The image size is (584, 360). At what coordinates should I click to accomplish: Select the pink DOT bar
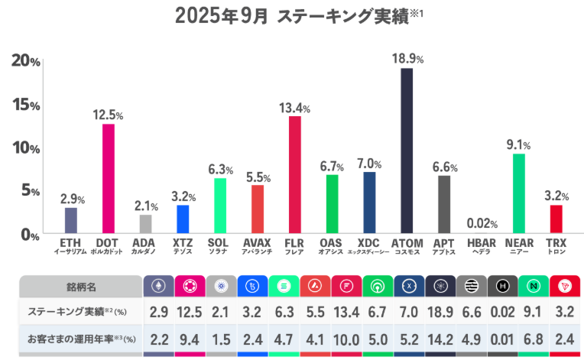109,179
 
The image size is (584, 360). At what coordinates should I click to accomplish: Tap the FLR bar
294,175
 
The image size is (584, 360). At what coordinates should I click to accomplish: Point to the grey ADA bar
145,224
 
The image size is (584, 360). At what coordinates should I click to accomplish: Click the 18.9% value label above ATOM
408,57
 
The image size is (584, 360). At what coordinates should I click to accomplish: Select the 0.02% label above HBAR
482,223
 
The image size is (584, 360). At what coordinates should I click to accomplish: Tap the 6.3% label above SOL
220,169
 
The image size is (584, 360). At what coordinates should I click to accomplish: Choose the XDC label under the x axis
369,245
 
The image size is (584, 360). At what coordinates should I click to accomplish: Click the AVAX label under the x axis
258,245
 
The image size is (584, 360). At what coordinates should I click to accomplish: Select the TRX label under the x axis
556,245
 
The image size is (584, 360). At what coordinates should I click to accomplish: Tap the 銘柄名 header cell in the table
80,286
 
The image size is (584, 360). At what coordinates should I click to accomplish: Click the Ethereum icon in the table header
158,286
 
